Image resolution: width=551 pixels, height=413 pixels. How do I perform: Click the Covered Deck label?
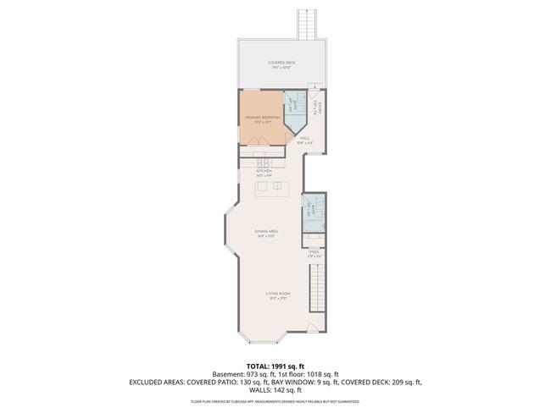click(281, 64)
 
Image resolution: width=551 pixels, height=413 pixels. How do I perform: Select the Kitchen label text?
click(264, 173)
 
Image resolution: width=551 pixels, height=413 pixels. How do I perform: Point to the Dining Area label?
click(267, 233)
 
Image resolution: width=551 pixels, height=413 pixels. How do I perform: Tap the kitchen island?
click(270, 186)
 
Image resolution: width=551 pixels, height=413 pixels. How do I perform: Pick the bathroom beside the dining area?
click(314, 213)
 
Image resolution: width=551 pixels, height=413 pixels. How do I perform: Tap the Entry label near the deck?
click(315, 108)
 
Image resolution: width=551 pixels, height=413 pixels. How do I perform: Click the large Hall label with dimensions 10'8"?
click(305, 141)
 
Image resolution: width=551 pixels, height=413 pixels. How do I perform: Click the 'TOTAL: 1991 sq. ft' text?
click(275, 366)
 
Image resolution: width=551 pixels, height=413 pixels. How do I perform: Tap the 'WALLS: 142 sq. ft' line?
click(275, 390)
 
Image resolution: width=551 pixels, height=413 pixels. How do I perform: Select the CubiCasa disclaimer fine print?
click(275, 401)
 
